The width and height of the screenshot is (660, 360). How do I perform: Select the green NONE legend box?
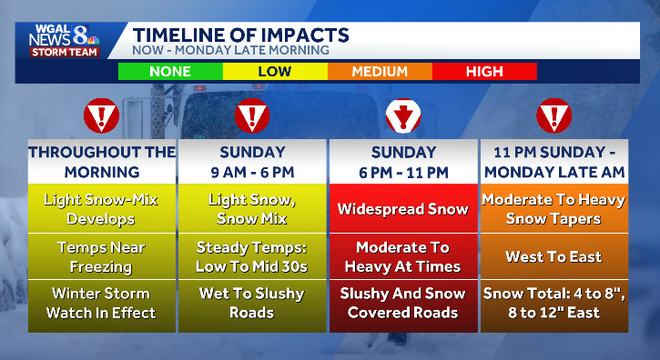pyautogui.click(x=170, y=72)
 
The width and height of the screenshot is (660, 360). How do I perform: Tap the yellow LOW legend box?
pyautogui.click(x=275, y=72)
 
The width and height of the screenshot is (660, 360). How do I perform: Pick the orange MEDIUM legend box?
pyautogui.click(x=379, y=72)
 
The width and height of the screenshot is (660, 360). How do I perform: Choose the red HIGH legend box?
pyautogui.click(x=484, y=72)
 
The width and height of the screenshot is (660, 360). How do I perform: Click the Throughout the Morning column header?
pyautogui.click(x=101, y=162)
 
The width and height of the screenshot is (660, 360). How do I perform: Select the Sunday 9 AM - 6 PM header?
pyautogui.click(x=252, y=162)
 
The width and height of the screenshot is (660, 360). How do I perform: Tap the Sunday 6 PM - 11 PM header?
pyautogui.click(x=403, y=162)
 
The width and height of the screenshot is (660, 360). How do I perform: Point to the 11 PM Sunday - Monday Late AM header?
pyautogui.click(x=554, y=162)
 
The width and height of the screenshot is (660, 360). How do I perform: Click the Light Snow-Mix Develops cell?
pyautogui.click(x=101, y=209)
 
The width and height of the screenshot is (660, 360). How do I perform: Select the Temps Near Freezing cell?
pyautogui.click(x=101, y=256)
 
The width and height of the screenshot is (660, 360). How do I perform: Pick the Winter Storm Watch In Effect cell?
pyautogui.click(x=101, y=303)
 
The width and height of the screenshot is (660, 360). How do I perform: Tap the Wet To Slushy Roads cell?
pyautogui.click(x=252, y=303)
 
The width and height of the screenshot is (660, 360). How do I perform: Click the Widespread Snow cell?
pyautogui.click(x=403, y=209)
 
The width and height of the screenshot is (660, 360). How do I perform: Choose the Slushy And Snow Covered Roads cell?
pyautogui.click(x=403, y=303)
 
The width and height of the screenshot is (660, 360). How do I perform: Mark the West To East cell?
pyautogui.click(x=554, y=256)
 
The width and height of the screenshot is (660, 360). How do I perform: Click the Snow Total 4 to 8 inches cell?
pyautogui.click(x=554, y=303)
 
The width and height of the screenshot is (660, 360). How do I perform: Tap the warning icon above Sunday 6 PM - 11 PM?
pyautogui.click(x=403, y=116)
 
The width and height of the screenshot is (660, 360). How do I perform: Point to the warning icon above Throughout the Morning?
pyautogui.click(x=101, y=116)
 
